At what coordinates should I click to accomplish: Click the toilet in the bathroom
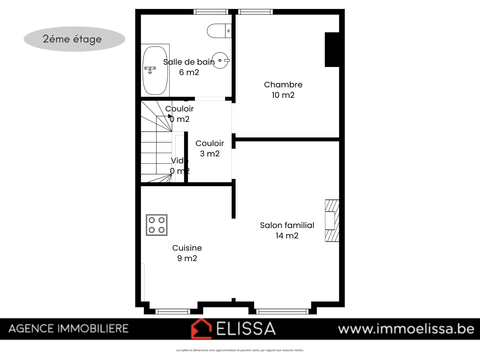[219, 31]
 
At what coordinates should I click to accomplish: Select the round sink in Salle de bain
[220, 60]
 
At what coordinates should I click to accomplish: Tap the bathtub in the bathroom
[155, 70]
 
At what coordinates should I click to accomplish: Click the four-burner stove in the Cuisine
[157, 225]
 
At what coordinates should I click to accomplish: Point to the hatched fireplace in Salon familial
[332, 220]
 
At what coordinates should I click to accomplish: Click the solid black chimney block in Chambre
[332, 49]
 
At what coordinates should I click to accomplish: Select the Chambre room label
[283, 85]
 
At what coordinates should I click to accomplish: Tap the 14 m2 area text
[287, 235]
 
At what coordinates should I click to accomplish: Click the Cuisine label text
[187, 248]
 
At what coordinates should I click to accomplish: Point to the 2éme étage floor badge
[74, 39]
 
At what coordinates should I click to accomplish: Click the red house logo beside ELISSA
[201, 329]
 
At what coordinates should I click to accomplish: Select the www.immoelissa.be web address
[406, 329]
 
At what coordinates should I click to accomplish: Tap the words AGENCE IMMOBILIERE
[68, 328]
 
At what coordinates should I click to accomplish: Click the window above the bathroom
[211, 12]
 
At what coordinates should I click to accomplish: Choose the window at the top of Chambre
[255, 12]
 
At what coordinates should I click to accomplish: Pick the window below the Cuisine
[173, 311]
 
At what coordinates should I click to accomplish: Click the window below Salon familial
[282, 311]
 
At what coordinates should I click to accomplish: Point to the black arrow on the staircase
[170, 116]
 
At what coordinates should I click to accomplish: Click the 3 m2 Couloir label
[210, 148]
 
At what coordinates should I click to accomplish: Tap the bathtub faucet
[150, 70]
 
